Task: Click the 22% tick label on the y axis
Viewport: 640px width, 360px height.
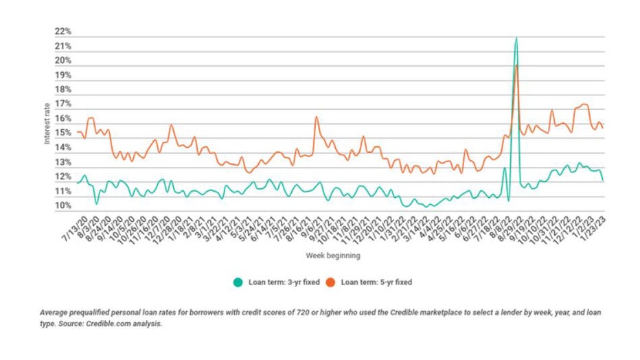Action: click(63, 32)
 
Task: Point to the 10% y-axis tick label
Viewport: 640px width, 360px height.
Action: click(63, 206)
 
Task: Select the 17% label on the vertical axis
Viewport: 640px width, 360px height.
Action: click(63, 104)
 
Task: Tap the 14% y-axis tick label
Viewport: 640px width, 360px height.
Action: click(63, 148)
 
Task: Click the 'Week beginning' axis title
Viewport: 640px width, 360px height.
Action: click(334, 256)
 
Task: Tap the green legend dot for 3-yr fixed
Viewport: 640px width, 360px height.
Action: click(238, 282)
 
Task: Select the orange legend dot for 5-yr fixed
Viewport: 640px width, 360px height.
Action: click(330, 282)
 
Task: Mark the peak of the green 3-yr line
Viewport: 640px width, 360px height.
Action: click(516, 38)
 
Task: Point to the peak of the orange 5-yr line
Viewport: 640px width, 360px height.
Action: click(516, 65)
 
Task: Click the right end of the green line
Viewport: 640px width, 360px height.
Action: click(603, 180)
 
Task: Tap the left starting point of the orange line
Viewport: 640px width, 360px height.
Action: click(78, 133)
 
